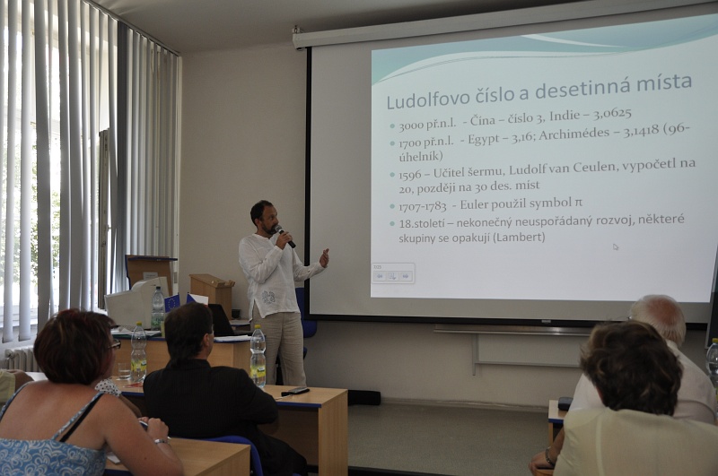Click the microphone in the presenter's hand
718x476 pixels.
click(x=285, y=236)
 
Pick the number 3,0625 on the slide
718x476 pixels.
click(x=613, y=114)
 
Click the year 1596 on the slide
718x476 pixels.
click(x=410, y=175)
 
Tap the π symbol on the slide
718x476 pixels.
click(x=578, y=202)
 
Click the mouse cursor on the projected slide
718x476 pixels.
click(x=616, y=247)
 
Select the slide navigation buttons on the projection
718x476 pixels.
click(x=393, y=276)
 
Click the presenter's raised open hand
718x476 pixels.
click(x=324, y=257)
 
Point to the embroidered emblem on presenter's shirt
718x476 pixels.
click(x=268, y=298)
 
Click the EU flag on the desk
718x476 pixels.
click(x=171, y=303)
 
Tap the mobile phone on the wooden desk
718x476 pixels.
click(x=295, y=391)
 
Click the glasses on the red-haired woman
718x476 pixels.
click(x=116, y=345)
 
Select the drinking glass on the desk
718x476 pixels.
click(x=124, y=371)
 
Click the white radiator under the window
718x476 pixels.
click(x=20, y=359)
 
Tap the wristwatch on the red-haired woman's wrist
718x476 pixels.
click(x=162, y=441)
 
